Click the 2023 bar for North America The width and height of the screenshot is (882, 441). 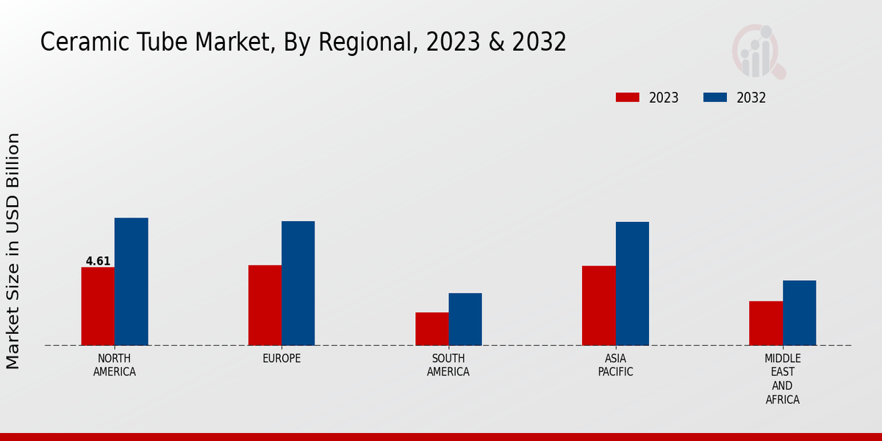(98, 306)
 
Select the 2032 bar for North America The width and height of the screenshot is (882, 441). (131, 282)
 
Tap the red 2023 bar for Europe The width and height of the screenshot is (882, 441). (265, 305)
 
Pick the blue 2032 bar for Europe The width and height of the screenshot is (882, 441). (298, 283)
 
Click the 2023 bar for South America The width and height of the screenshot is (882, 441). (431, 329)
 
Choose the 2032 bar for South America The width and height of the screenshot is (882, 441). (465, 319)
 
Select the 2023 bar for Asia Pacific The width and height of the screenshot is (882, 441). (598, 305)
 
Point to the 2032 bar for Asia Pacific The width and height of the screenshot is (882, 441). (632, 284)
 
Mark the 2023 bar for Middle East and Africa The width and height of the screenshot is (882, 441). (766, 323)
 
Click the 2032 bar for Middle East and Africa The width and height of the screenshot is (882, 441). (799, 312)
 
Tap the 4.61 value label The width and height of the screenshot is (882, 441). (98, 261)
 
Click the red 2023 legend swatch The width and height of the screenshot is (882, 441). (628, 98)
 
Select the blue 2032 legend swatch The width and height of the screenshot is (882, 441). (715, 98)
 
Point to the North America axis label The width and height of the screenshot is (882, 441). (115, 365)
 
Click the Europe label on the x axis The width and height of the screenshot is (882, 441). (282, 359)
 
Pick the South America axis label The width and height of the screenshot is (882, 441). (448, 365)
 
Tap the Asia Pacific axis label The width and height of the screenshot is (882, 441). (615, 365)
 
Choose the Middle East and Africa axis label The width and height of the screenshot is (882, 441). (782, 379)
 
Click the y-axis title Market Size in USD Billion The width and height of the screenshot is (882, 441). (13, 251)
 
